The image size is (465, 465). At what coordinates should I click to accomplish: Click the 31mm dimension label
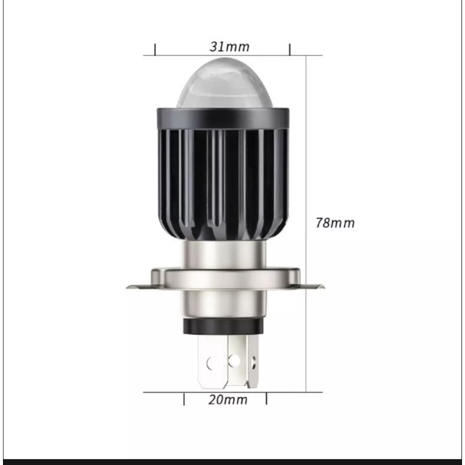(230, 47)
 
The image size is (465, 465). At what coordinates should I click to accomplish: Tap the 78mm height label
(335, 223)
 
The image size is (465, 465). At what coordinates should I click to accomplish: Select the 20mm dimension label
(227, 400)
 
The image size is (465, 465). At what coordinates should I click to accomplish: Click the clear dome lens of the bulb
(224, 83)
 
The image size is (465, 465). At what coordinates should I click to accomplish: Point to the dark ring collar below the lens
(222, 119)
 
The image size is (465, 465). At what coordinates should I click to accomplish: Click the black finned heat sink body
(223, 184)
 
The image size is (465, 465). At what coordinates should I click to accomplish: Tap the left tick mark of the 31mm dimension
(155, 49)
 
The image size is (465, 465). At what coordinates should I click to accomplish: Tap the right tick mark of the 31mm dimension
(290, 49)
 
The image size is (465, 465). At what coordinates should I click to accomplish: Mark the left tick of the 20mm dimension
(184, 399)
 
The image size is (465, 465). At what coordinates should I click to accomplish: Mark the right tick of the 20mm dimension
(266, 398)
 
